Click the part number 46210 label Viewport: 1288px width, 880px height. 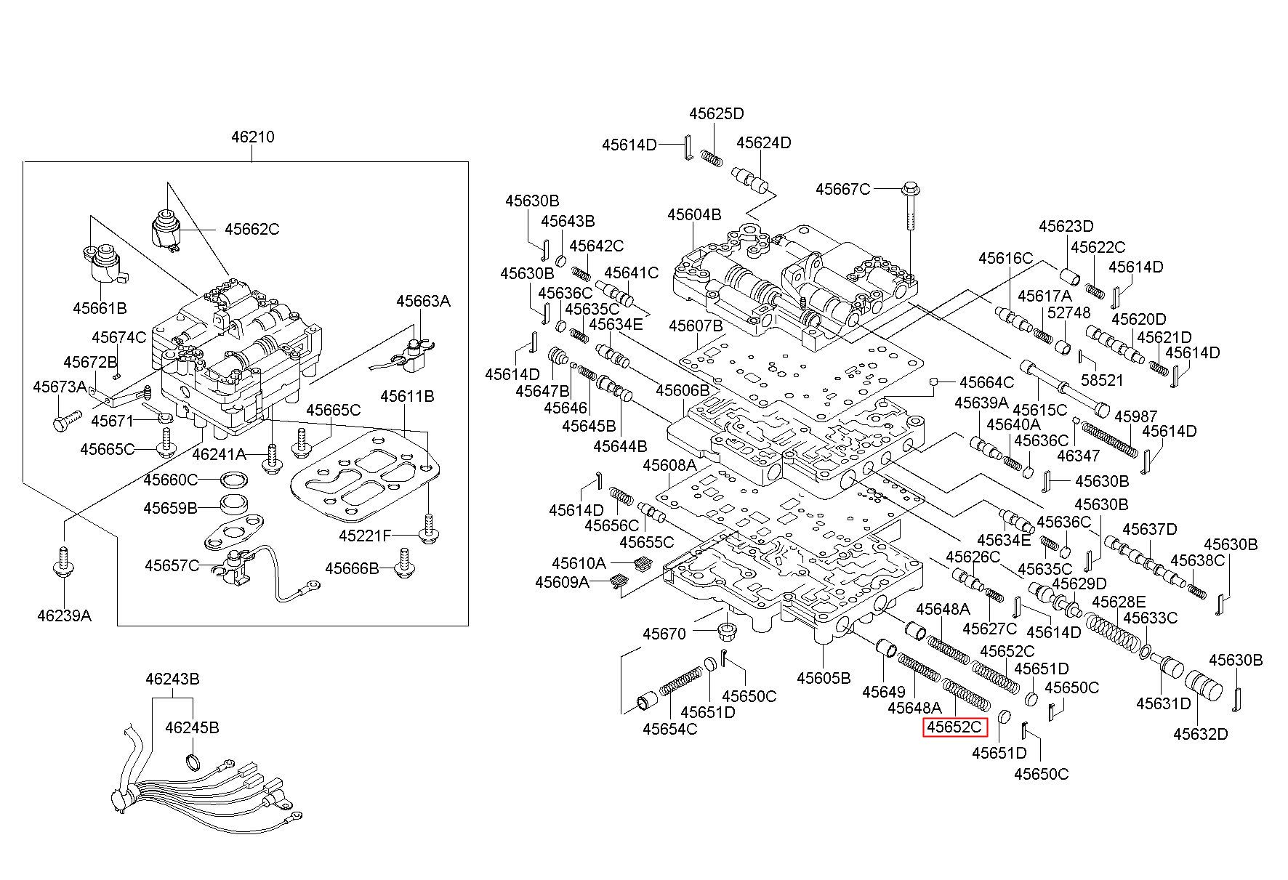click(x=253, y=137)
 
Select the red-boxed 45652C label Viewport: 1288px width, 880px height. click(x=954, y=727)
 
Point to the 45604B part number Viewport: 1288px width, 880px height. click(x=694, y=214)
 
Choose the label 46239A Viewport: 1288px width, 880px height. click(x=65, y=616)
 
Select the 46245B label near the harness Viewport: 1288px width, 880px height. click(x=192, y=727)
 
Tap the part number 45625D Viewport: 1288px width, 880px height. click(x=717, y=113)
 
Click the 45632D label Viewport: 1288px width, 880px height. click(x=1200, y=734)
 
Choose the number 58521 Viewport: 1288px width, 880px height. click(x=1102, y=380)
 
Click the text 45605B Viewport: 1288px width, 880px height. click(x=824, y=678)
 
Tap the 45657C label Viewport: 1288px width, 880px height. click(x=172, y=565)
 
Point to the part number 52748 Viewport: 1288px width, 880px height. click(x=1071, y=312)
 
